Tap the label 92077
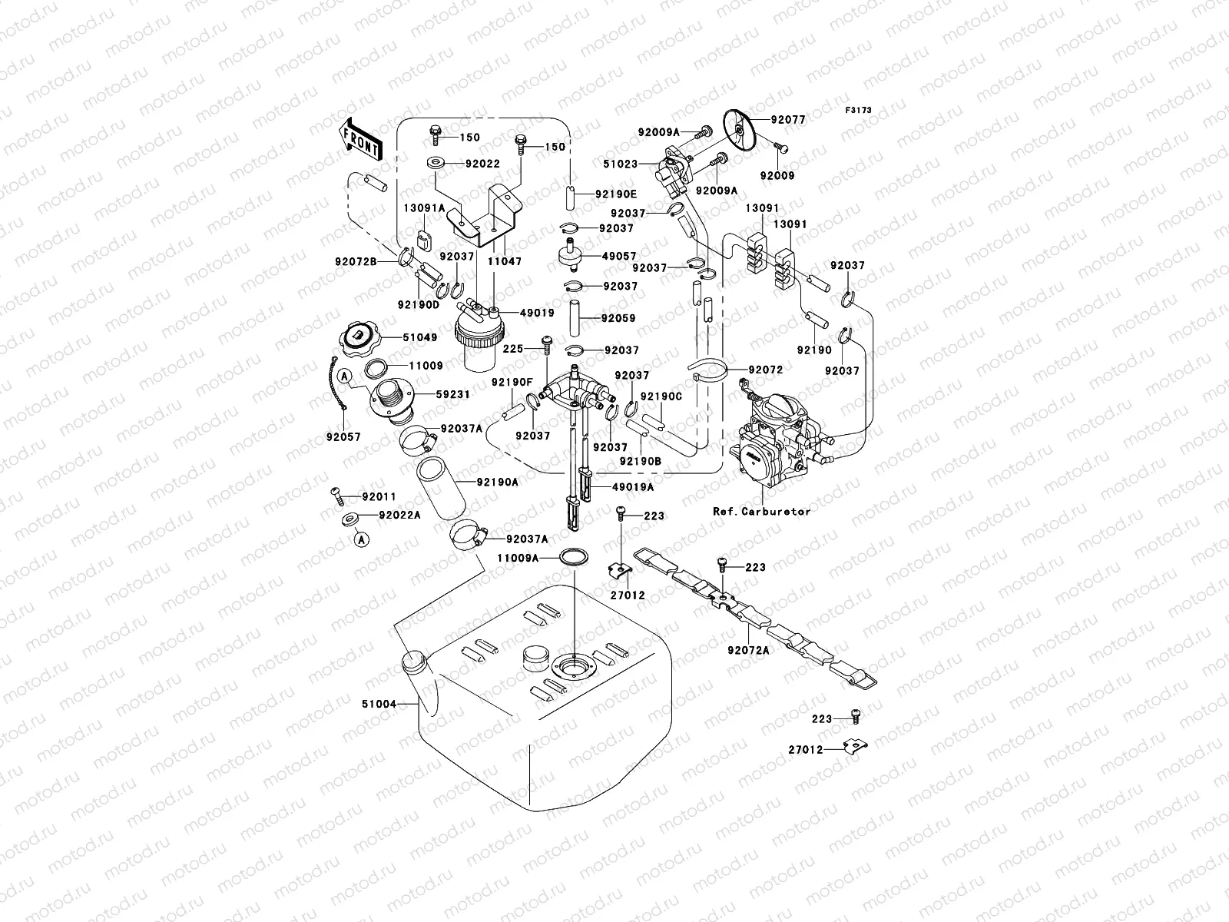tap(788, 120)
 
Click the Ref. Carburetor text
tap(761, 511)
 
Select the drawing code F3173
tap(860, 111)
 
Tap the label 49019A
tap(633, 487)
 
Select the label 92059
tap(618, 317)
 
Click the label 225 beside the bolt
tap(513, 349)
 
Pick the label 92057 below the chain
tap(342, 437)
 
